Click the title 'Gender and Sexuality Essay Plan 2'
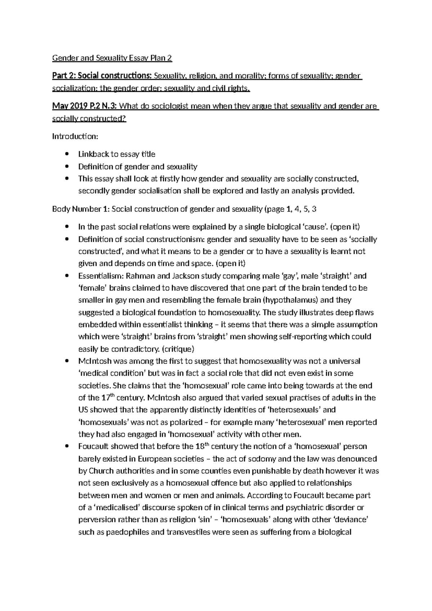point(112,58)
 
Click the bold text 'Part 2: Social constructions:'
point(102,76)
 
